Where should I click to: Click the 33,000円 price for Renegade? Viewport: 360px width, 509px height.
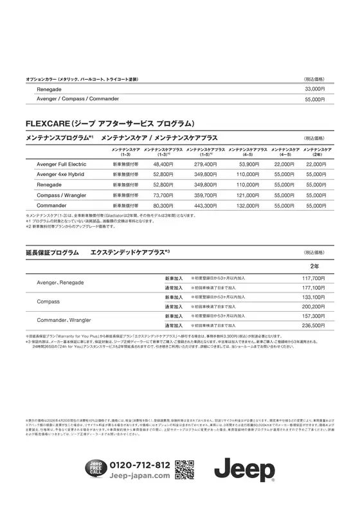pyautogui.click(x=314, y=89)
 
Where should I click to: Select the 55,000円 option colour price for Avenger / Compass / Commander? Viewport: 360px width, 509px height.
pyautogui.click(x=314, y=100)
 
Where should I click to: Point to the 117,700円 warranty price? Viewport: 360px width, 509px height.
pyautogui.click(x=314, y=278)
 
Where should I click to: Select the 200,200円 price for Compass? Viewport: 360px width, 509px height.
pyautogui.click(x=314, y=307)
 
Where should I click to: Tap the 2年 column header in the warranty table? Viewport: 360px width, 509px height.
pyautogui.click(x=314, y=265)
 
